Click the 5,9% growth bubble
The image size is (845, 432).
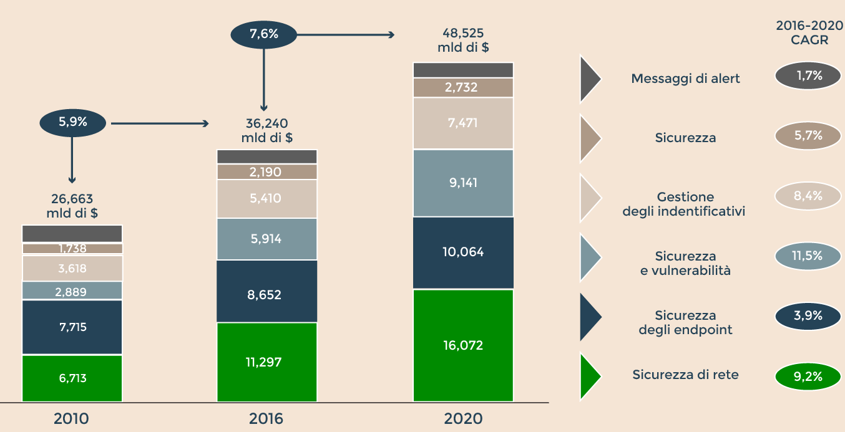[72, 123]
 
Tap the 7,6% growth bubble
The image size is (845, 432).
[263, 34]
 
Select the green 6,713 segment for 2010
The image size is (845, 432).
[72, 378]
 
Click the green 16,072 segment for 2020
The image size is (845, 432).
[463, 345]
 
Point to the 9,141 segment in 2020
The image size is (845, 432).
[463, 183]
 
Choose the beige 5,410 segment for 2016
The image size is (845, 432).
[267, 199]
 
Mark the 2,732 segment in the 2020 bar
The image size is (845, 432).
[463, 87]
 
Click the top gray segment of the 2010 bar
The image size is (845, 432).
[72, 233]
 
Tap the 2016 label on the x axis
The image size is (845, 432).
[266, 418]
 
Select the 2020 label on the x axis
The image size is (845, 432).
[463, 418]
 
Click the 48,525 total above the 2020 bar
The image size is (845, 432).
[463, 40]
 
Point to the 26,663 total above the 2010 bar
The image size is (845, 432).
[72, 206]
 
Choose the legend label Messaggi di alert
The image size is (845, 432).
[685, 79]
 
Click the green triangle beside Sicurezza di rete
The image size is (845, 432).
[589, 376]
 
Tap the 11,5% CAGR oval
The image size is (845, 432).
[808, 256]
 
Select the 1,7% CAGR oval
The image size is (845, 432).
[808, 76]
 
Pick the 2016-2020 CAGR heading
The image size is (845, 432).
[808, 32]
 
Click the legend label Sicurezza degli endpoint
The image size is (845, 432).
[685, 322]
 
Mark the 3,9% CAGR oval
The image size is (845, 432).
[808, 316]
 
